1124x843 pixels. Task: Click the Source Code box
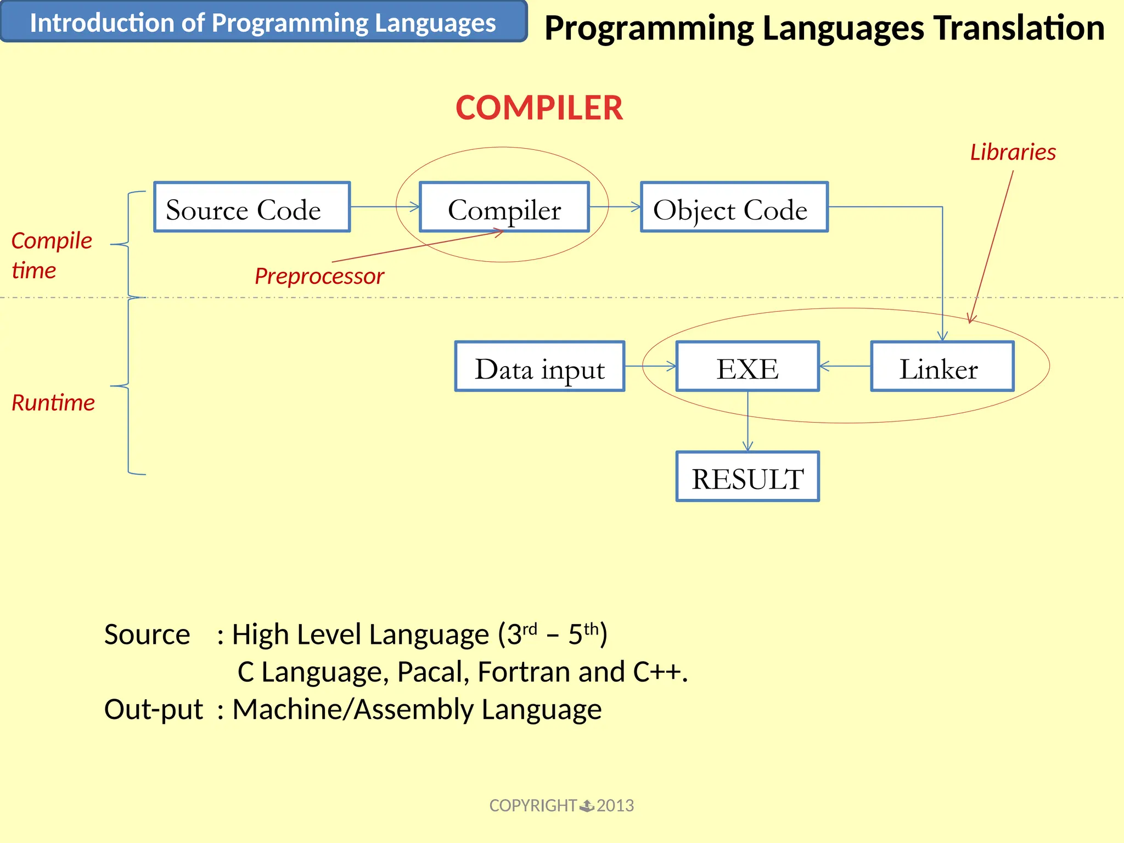point(252,207)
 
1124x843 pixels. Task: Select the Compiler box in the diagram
point(504,207)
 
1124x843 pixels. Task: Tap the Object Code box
point(734,207)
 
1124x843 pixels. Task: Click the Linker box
point(942,367)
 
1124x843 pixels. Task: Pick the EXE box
point(748,367)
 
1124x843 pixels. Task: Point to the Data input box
point(539,367)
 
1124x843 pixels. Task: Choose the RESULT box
point(748,477)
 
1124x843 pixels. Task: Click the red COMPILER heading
point(539,108)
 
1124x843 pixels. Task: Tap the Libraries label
point(1013,152)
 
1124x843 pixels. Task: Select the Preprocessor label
point(319,276)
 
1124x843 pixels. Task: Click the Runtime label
point(53,403)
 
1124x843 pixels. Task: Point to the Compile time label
point(51,255)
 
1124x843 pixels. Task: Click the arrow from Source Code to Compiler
point(384,207)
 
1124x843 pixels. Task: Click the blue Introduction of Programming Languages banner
point(263,23)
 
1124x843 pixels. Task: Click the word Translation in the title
point(1019,28)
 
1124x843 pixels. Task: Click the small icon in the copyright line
point(587,806)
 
